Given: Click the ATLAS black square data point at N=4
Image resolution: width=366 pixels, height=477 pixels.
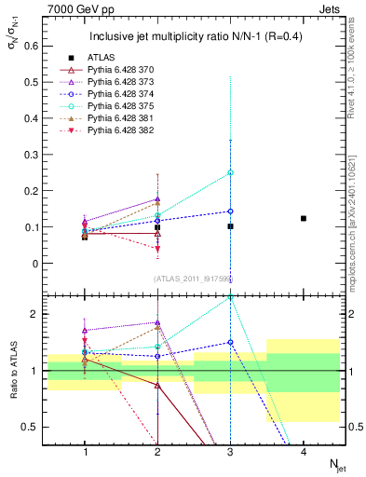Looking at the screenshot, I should [304, 218].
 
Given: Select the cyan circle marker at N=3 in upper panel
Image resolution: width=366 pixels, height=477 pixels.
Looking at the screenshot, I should [230, 172].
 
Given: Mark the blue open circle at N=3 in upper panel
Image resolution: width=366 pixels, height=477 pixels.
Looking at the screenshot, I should [230, 211].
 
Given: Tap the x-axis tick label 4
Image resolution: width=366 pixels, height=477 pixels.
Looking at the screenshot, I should [304, 453].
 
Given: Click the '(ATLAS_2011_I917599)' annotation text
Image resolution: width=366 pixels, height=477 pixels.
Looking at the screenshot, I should [192, 278].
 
